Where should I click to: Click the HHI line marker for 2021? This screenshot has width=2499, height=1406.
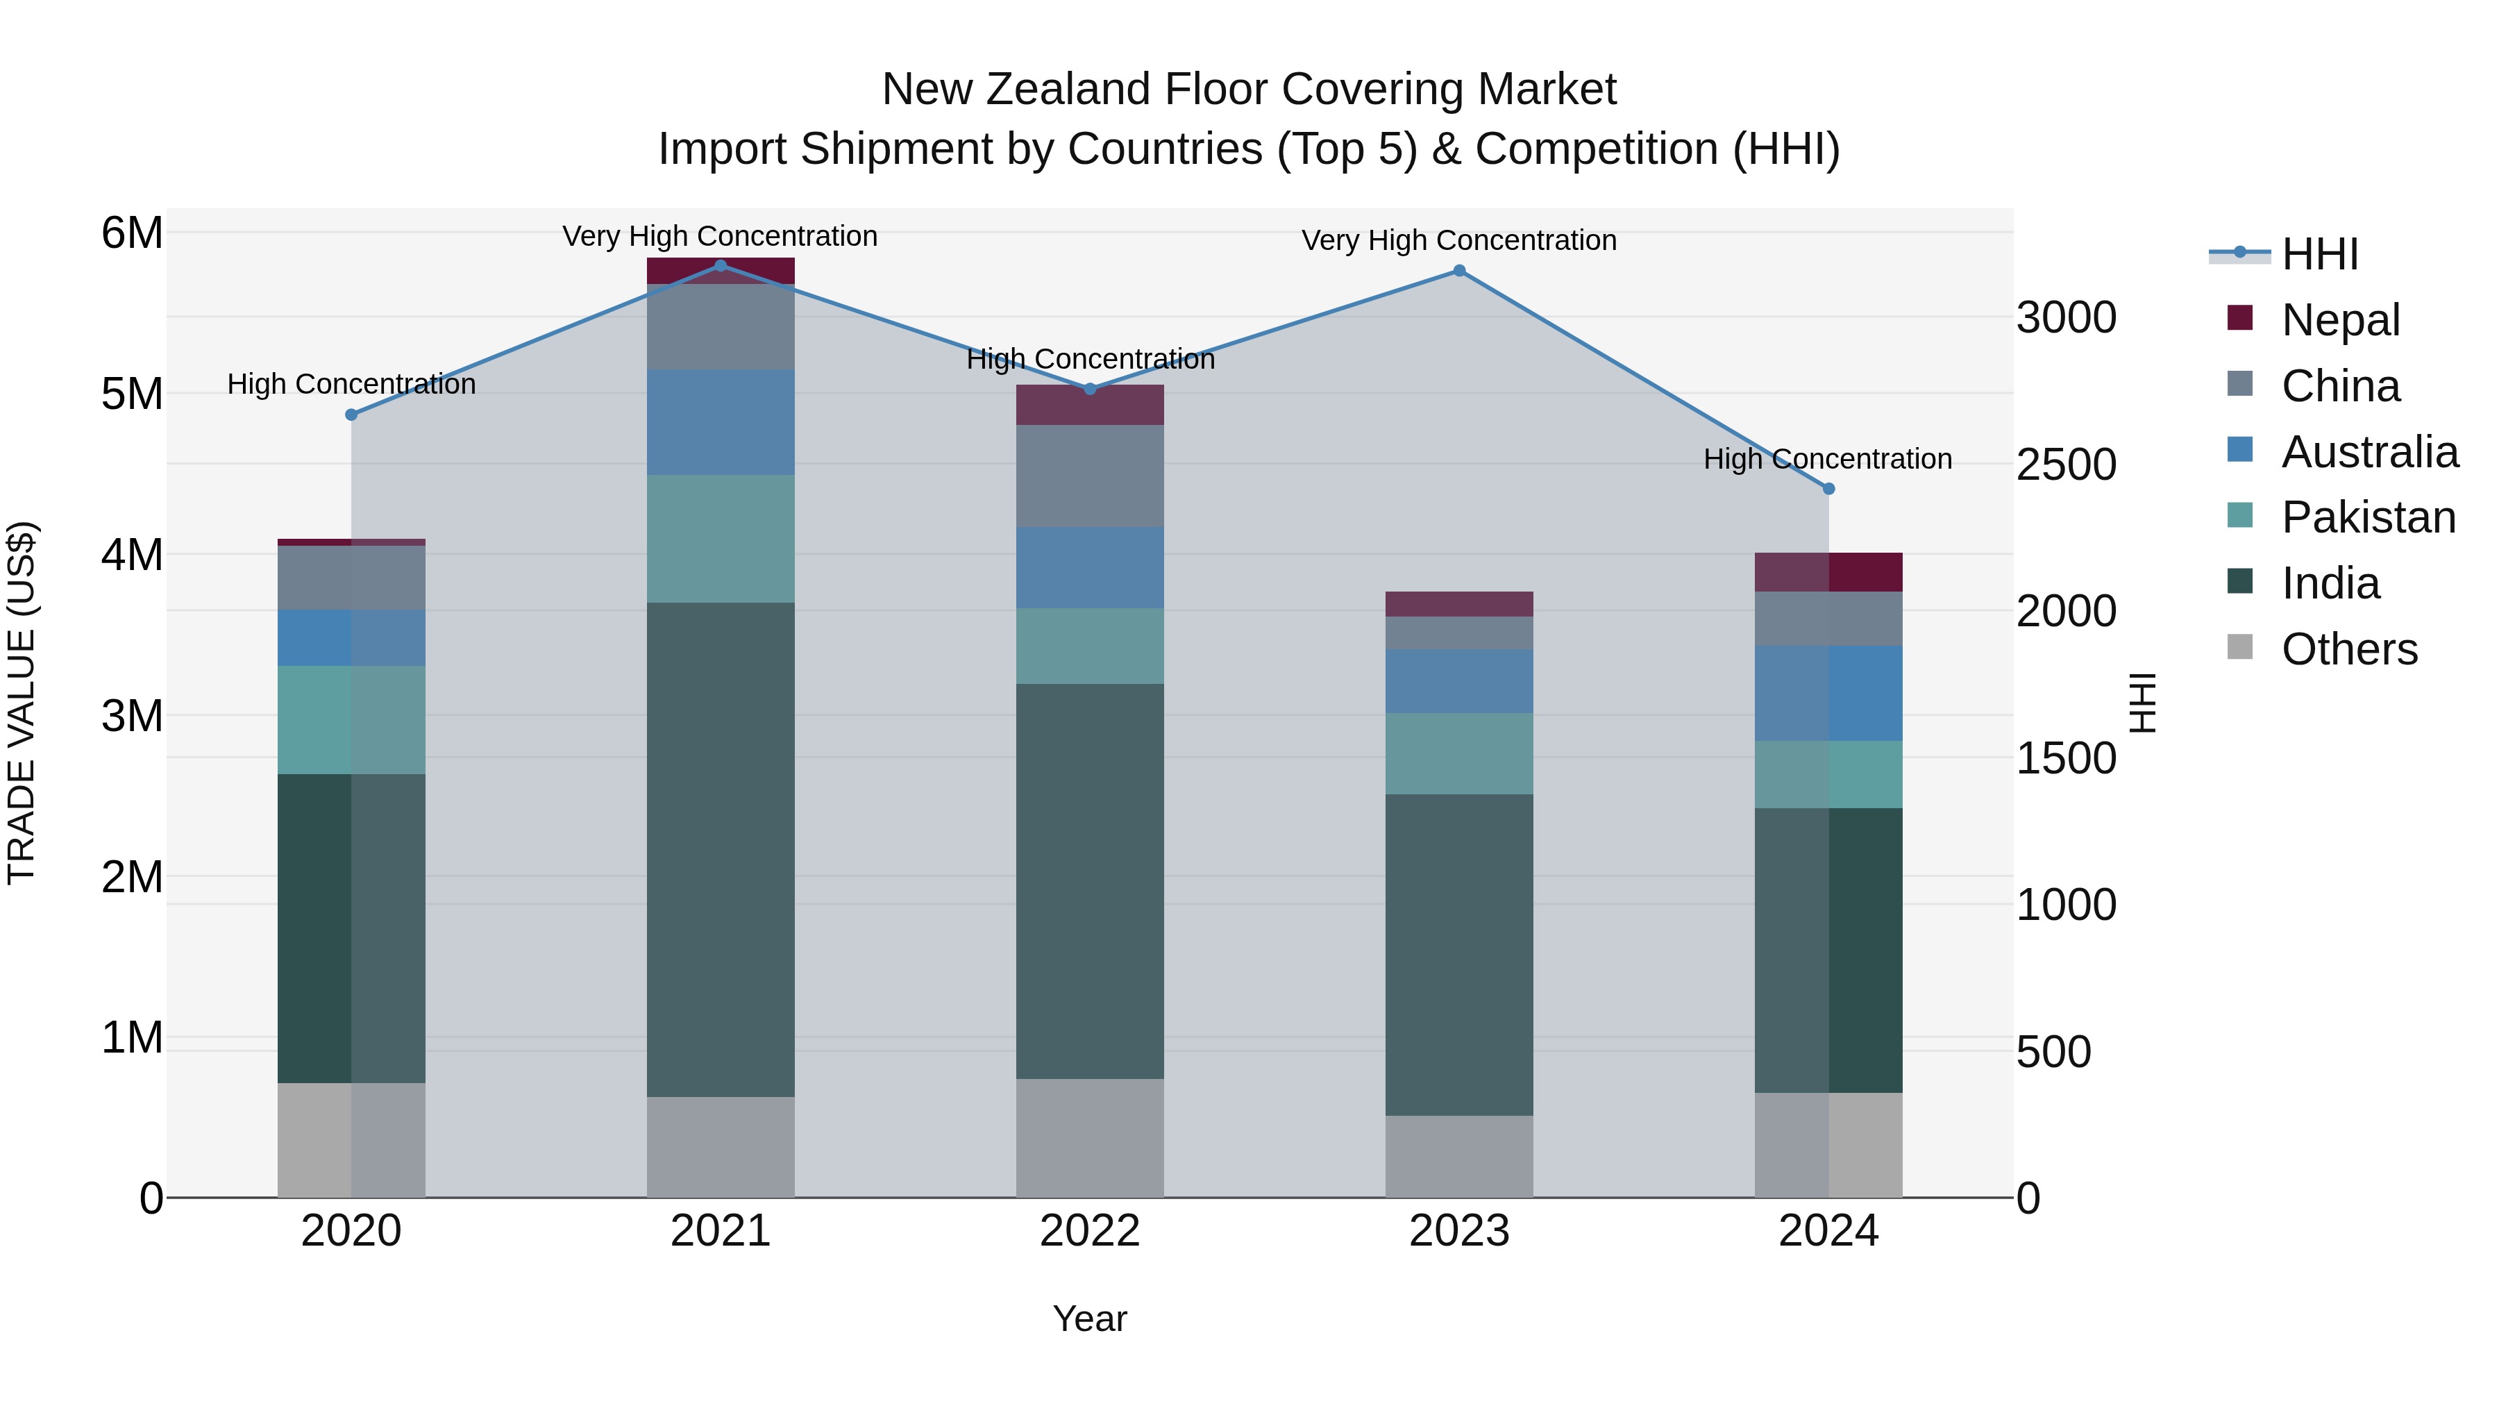click(720, 266)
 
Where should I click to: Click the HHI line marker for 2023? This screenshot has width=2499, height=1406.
click(1459, 271)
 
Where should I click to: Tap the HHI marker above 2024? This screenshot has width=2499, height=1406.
click(1828, 489)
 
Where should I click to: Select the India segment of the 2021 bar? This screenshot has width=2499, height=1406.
click(720, 849)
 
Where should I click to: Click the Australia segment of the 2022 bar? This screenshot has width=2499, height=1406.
click(1089, 568)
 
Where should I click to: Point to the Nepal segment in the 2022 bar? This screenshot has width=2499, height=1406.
click(1089, 405)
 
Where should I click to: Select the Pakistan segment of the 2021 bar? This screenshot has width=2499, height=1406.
click(720, 539)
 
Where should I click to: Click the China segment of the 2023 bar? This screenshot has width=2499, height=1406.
click(1459, 633)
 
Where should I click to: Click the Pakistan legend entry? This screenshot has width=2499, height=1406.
click(2367, 517)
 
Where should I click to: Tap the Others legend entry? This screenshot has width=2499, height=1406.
click(2348, 649)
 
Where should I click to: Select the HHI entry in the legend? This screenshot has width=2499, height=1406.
click(2319, 254)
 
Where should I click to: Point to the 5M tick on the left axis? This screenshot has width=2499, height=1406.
click(132, 394)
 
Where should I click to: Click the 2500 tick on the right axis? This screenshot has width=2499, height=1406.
click(2065, 465)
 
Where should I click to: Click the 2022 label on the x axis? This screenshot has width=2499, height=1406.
click(1089, 1231)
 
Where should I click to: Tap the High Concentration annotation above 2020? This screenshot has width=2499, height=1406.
click(351, 384)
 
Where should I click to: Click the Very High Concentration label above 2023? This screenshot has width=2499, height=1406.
click(1459, 241)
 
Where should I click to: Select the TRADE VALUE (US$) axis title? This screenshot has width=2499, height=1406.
click(22, 703)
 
